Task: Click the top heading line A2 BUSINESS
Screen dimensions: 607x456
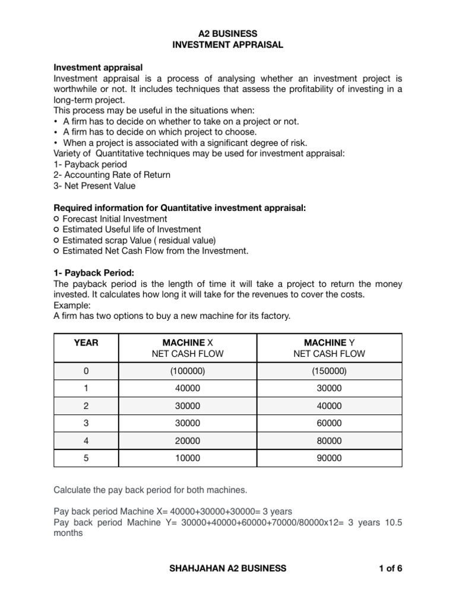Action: click(x=228, y=34)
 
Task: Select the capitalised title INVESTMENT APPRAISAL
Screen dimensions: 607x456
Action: click(x=228, y=44)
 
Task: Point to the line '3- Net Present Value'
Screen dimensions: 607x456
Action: click(x=94, y=186)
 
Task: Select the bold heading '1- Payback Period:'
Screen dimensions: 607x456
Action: click(x=94, y=273)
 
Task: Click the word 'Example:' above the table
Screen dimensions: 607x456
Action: click(x=71, y=305)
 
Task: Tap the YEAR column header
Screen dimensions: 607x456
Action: click(x=86, y=343)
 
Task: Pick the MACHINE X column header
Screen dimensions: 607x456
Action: click(x=188, y=343)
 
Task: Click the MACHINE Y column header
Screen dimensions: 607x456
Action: click(x=329, y=343)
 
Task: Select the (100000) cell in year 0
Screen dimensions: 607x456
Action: click(x=188, y=371)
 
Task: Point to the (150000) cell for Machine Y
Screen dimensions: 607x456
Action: click(x=329, y=371)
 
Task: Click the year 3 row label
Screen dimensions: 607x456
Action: click(x=86, y=423)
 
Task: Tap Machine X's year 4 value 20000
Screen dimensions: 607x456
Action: click(x=188, y=441)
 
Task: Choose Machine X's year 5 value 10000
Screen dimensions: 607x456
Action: click(x=188, y=458)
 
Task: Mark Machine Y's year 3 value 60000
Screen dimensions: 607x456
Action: click(x=329, y=423)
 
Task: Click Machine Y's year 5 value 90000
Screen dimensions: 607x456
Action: click(x=329, y=458)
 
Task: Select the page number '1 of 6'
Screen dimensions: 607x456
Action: click(x=390, y=568)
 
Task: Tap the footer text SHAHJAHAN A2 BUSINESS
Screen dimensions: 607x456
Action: click(x=228, y=568)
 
